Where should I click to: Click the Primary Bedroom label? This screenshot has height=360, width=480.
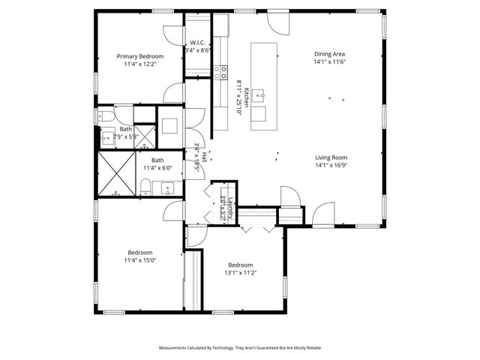click(139, 56)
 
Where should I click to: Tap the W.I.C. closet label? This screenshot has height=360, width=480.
click(198, 43)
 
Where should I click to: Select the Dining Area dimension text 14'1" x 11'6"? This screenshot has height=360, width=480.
click(329, 63)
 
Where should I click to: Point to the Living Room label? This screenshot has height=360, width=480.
click(331, 157)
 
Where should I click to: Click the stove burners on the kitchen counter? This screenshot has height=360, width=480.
click(221, 73)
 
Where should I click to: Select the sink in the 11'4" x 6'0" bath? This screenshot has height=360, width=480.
click(166, 187)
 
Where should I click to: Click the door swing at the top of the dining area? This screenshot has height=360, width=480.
click(278, 22)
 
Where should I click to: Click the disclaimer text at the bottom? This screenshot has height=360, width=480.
click(240, 348)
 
